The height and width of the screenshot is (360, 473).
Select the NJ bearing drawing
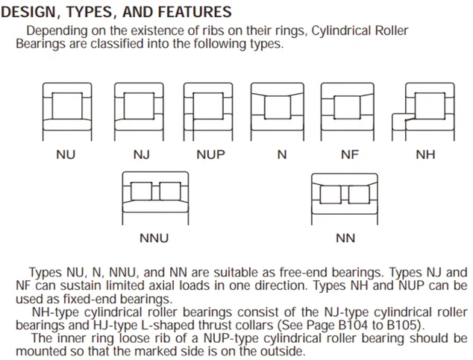(x=138, y=109)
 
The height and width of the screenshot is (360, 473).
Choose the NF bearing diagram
(x=348, y=109)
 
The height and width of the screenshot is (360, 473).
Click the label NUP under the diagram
(x=210, y=156)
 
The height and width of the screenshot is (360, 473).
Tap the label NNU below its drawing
(x=154, y=239)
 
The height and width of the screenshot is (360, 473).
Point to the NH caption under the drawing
(x=425, y=156)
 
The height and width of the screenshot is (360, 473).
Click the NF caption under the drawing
(x=349, y=156)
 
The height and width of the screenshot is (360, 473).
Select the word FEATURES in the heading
(x=195, y=13)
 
